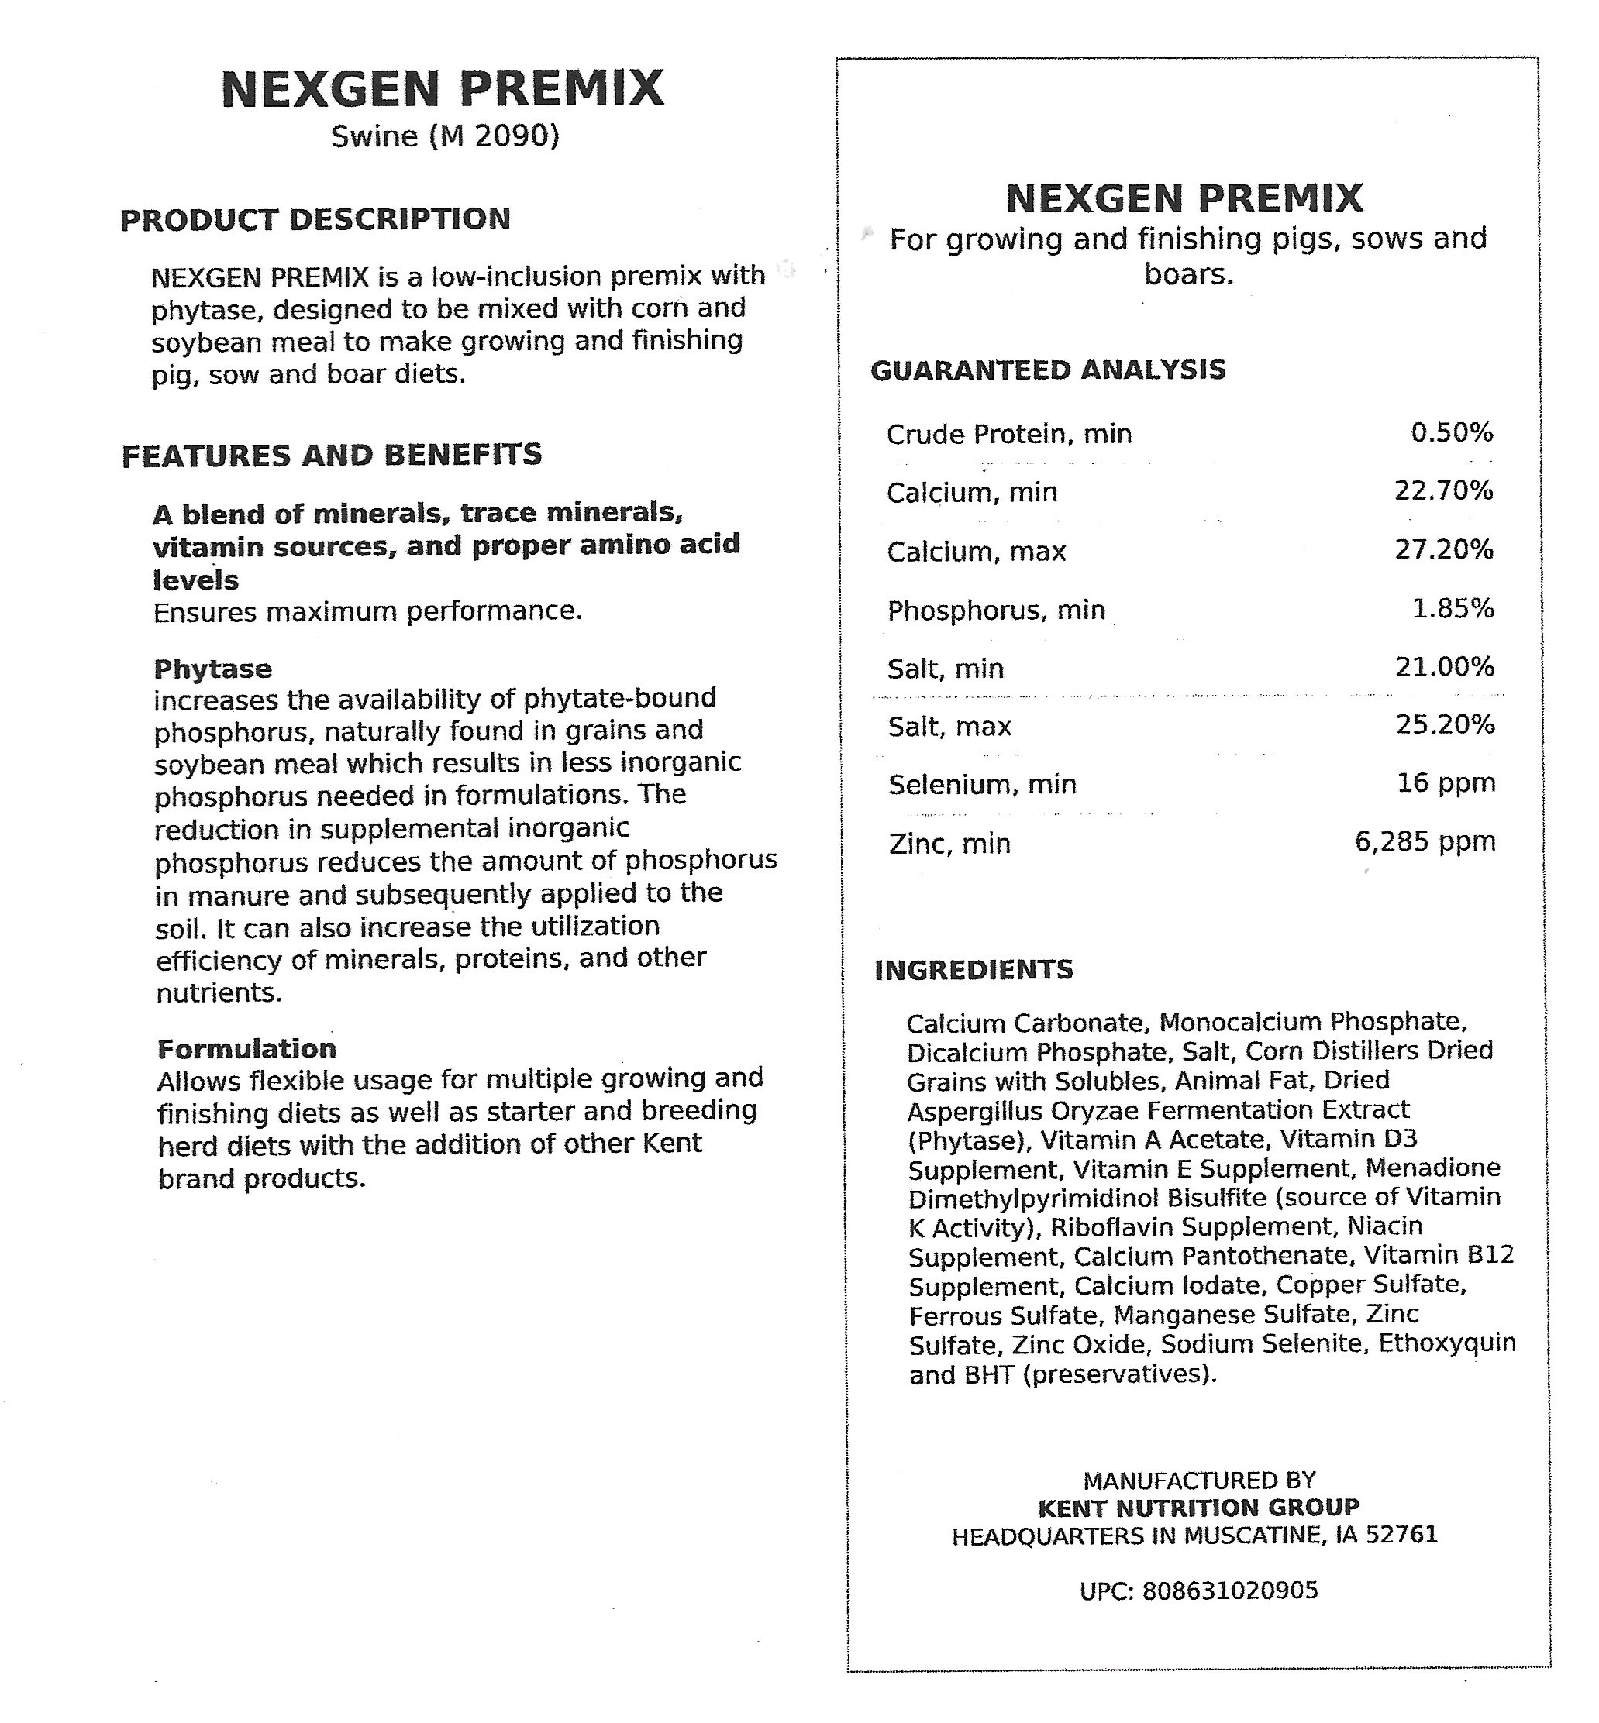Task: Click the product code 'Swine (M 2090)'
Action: tap(445, 136)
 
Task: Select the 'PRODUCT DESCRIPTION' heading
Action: tap(315, 220)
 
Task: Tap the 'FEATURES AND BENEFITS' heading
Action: tap(332, 455)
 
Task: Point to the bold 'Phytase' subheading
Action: tap(213, 669)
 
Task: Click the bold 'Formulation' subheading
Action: tap(246, 1048)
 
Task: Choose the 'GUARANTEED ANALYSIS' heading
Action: tap(1048, 370)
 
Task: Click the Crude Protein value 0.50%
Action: tap(1452, 432)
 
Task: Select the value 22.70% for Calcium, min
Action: tap(1443, 491)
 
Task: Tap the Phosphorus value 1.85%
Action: tap(1453, 609)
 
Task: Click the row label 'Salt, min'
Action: tap(946, 669)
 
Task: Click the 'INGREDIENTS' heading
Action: tap(974, 970)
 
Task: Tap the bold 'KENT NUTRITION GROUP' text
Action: tap(1198, 1508)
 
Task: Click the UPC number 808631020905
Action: tap(1229, 1591)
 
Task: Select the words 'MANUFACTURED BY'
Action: tap(1199, 1481)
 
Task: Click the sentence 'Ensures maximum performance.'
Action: tap(367, 612)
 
